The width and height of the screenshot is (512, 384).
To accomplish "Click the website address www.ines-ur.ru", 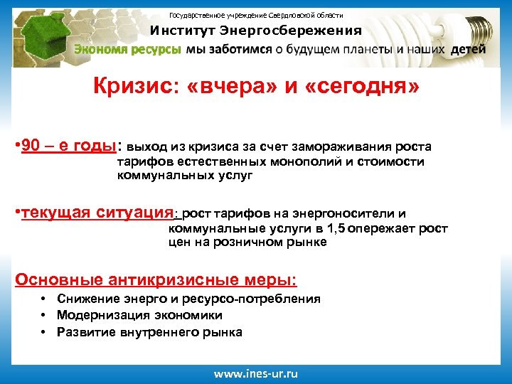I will [x=257, y=374].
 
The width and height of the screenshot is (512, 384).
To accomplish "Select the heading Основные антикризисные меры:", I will [x=156, y=279].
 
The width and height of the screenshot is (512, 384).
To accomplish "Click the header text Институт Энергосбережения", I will [x=255, y=31].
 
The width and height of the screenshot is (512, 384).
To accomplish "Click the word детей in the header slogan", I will [x=468, y=50].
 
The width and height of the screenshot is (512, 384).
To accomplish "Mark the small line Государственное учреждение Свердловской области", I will [x=256, y=15].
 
